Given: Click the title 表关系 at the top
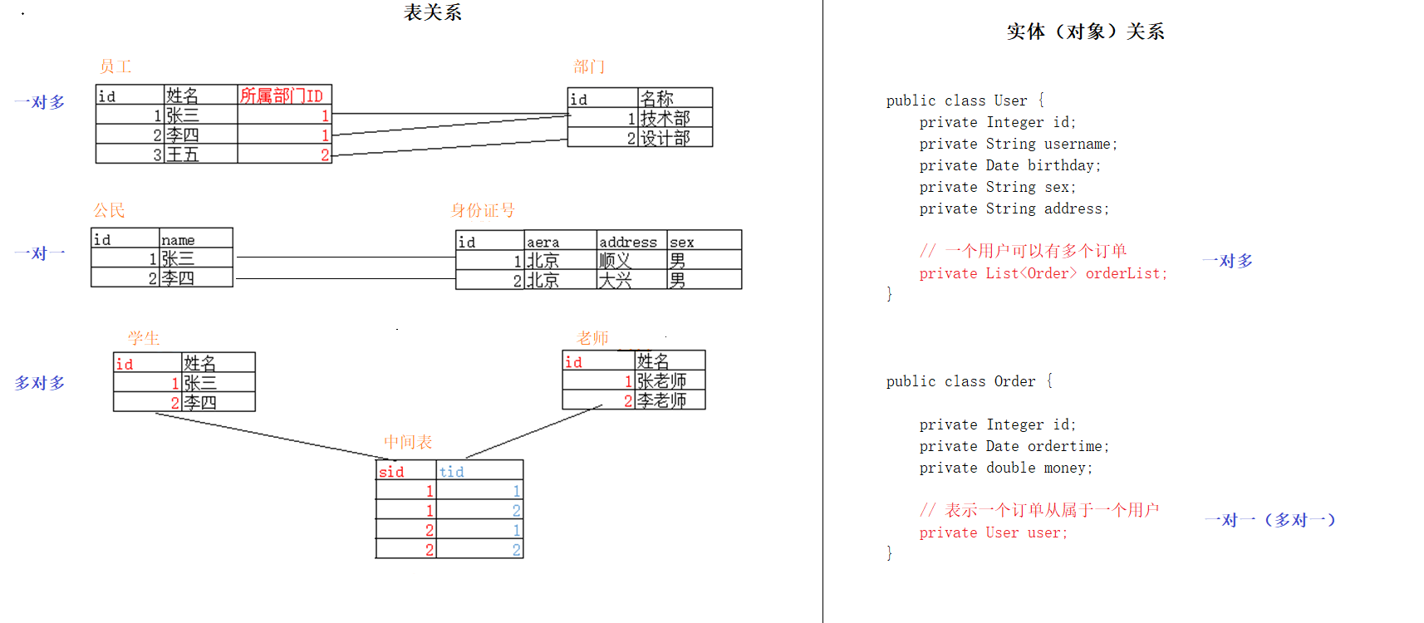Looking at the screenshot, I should tap(432, 12).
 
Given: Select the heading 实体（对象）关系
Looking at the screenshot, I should tap(1085, 32).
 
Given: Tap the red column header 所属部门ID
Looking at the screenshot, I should tap(281, 96).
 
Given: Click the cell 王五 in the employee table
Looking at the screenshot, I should tap(183, 155).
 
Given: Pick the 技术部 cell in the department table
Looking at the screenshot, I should tap(665, 119).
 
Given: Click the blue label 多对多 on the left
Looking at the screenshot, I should tap(39, 383).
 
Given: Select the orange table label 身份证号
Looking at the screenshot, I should tap(483, 210).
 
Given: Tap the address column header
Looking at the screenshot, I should tap(627, 242).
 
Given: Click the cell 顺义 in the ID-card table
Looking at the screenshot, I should tap(615, 261).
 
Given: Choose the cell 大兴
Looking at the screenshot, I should tap(615, 281).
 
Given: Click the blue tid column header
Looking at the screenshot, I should tap(451, 472).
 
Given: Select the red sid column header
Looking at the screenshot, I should tap(391, 472).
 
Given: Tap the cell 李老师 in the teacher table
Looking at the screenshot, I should tap(661, 400).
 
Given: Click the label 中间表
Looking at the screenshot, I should tap(408, 442).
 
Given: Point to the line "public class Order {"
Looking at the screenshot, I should tap(969, 381).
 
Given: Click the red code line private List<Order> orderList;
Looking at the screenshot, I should tap(1043, 273).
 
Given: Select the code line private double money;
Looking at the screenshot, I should tap(1005, 468).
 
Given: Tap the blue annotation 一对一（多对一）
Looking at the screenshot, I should tap(1269, 520).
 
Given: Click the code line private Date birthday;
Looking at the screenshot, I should tap(1009, 165).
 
